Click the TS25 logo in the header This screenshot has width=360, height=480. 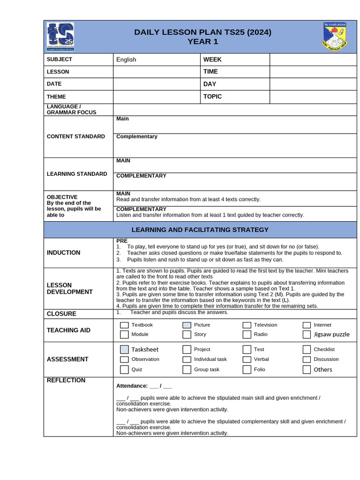point(60,36)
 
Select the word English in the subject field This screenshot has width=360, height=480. point(126,60)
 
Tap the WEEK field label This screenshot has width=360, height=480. point(212,60)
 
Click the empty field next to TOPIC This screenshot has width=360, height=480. point(313,97)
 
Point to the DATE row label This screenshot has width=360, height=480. point(54,84)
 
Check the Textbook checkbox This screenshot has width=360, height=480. point(124,325)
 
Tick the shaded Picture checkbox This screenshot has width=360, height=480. point(187,325)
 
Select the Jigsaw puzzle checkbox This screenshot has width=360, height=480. point(307,335)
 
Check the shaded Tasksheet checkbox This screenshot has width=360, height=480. point(124,349)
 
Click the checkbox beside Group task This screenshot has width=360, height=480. point(187,369)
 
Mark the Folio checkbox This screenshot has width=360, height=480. point(247,369)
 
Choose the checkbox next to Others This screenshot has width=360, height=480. point(307,369)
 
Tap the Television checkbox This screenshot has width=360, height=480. point(247,325)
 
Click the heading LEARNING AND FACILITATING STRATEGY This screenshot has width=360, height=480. point(200,230)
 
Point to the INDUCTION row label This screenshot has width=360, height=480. point(64,253)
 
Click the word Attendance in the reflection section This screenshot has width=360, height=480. point(132,386)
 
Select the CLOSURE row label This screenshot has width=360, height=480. point(61,314)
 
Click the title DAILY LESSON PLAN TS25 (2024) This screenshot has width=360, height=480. point(202,32)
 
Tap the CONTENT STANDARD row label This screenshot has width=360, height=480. point(76,136)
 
